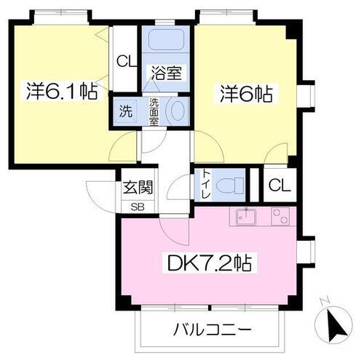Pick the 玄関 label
138,188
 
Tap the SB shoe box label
138,206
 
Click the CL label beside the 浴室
126,61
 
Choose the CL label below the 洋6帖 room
279,185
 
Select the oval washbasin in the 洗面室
176,112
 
